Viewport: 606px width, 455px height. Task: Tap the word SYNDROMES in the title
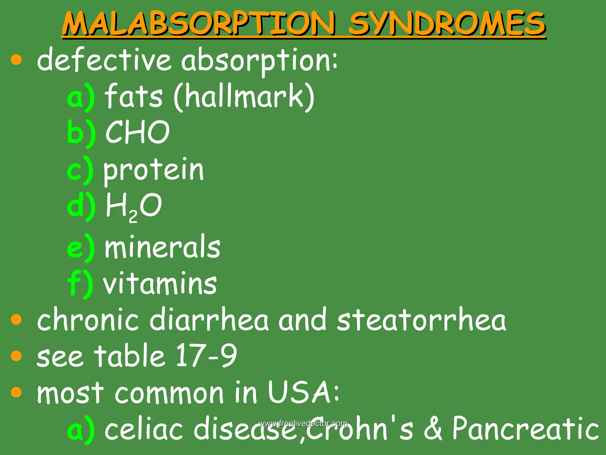[x=447, y=24]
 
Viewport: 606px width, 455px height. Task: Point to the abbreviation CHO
[x=137, y=132]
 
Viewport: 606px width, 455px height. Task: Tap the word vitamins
[x=160, y=284]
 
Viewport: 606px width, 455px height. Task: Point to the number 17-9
[x=206, y=355]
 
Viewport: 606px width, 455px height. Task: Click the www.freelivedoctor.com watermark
[x=303, y=423]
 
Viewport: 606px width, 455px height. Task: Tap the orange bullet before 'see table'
[x=16, y=356]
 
